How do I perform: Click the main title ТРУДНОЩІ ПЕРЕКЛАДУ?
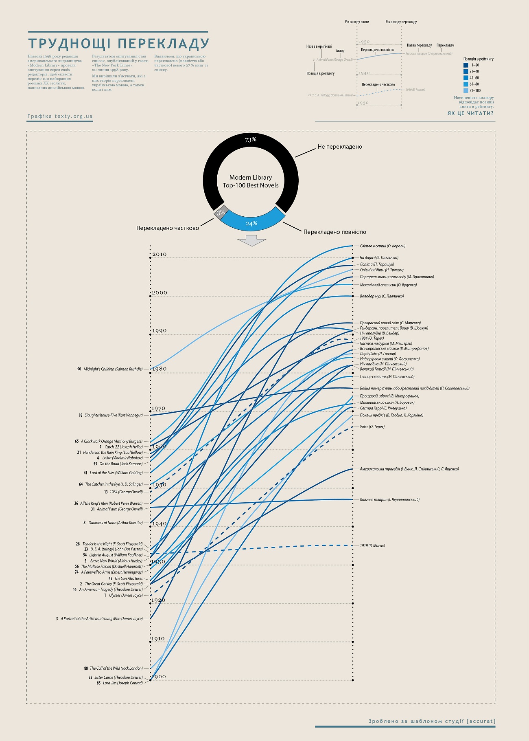point(118,44)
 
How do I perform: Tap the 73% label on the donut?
point(251,140)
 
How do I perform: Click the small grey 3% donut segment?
point(221,213)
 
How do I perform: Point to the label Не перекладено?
point(340,147)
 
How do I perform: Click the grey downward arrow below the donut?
point(251,240)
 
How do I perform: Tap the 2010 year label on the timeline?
point(159,254)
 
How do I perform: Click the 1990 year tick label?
point(159,331)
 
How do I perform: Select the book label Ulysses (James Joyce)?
point(126,595)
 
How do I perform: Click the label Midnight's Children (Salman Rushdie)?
point(113,369)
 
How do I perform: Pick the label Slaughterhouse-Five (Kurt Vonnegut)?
point(114,415)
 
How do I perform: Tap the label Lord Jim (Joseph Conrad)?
point(122,683)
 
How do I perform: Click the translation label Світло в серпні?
point(383,246)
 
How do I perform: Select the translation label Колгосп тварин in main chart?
point(389,499)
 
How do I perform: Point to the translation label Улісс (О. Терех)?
point(372,427)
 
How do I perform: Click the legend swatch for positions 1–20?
point(466,65)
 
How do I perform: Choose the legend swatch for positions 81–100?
point(466,90)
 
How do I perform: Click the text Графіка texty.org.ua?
point(60,116)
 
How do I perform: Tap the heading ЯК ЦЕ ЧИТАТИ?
point(470,113)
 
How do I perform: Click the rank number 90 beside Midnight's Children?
point(79,369)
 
